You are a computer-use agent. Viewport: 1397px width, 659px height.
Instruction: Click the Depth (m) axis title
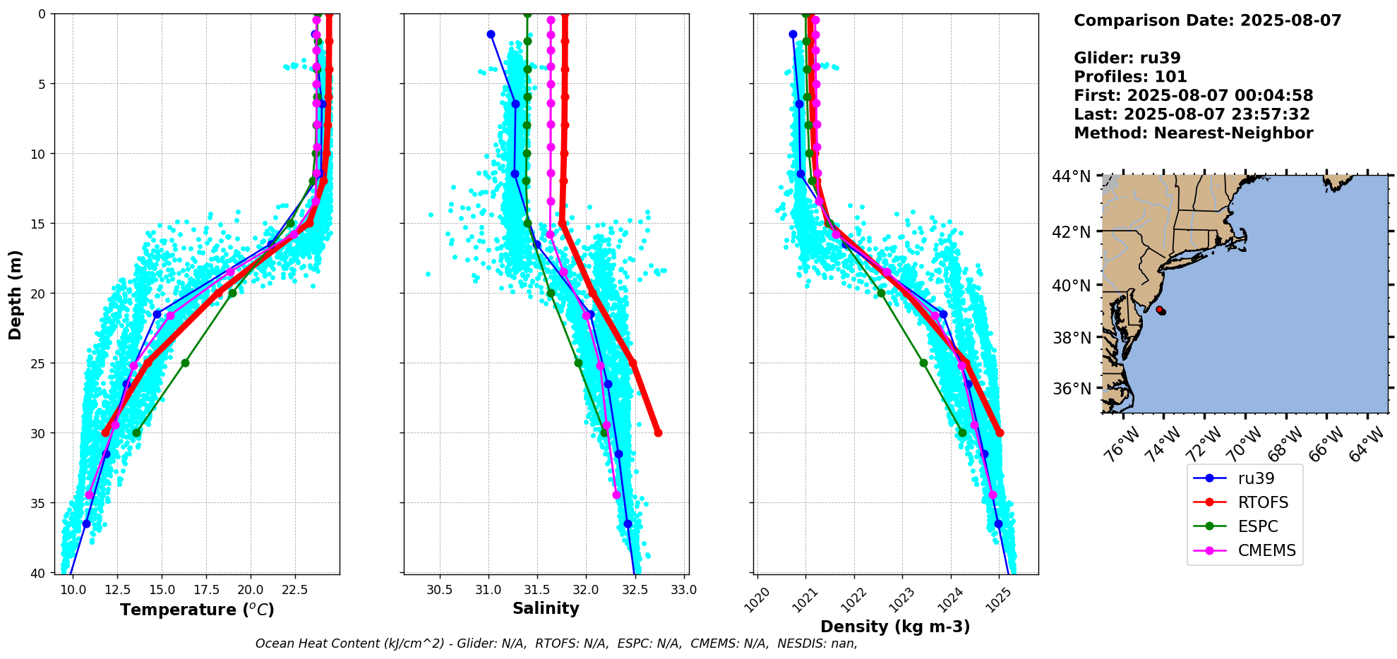(x=16, y=294)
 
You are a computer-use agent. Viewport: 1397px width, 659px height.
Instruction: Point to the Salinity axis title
(x=546, y=608)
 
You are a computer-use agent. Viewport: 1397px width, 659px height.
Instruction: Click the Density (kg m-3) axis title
(x=895, y=627)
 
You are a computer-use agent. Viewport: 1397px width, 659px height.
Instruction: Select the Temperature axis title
(x=197, y=610)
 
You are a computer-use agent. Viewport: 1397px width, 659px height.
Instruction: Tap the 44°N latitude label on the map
(x=1071, y=176)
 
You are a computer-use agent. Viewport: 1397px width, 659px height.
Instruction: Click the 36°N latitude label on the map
(x=1071, y=389)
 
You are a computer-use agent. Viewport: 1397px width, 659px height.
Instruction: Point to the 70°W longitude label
(x=1245, y=444)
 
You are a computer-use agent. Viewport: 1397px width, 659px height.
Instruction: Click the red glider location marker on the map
(x=1160, y=310)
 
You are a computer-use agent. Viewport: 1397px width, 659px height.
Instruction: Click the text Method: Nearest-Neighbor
(x=1193, y=133)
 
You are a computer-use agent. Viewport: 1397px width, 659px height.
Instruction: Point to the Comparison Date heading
(x=1207, y=20)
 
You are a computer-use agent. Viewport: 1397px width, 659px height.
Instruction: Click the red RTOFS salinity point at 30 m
(x=658, y=433)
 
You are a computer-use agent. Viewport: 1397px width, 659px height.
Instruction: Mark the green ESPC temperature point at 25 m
(x=185, y=363)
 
